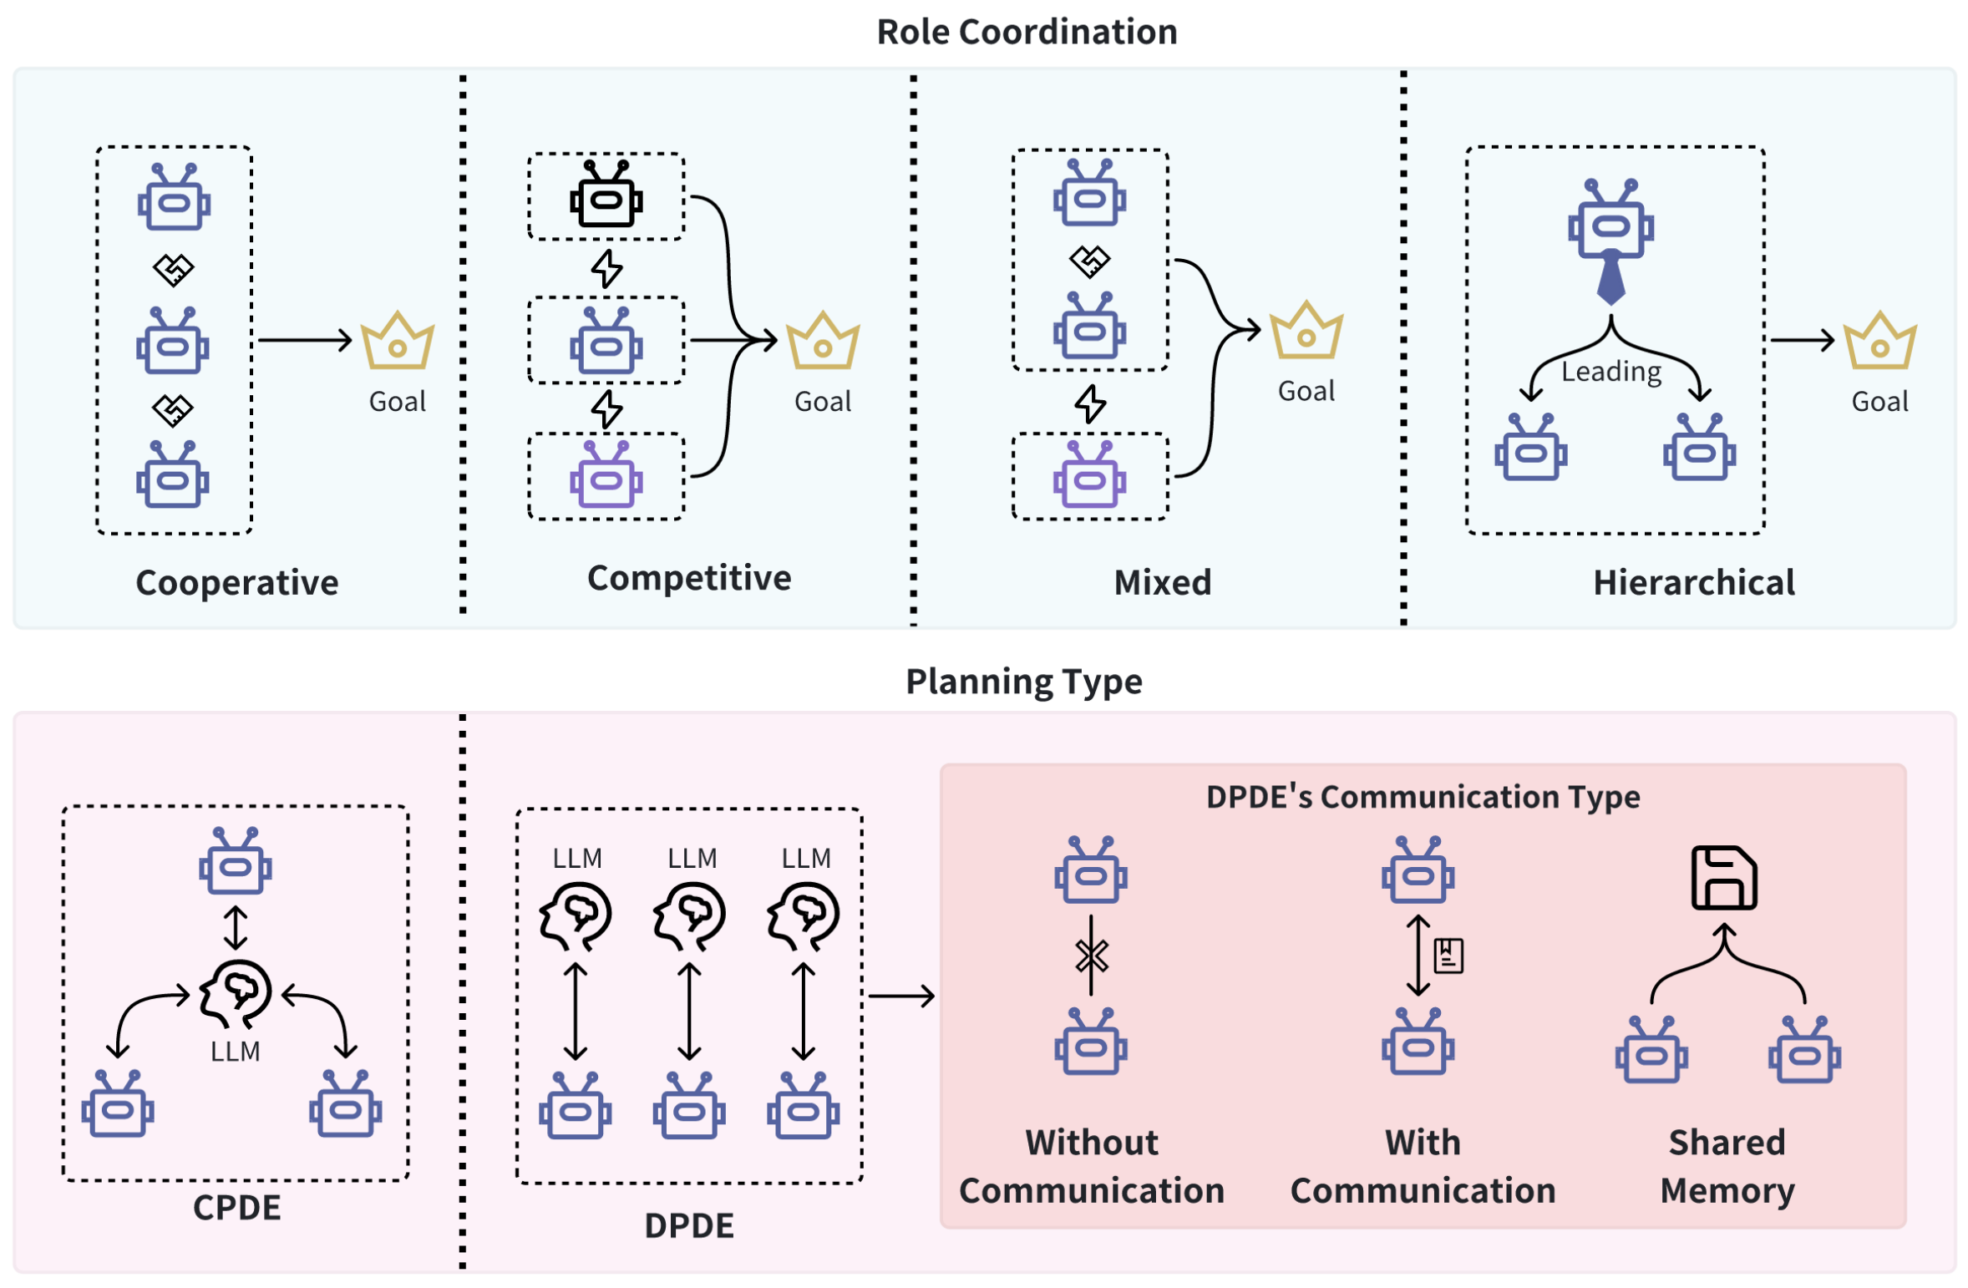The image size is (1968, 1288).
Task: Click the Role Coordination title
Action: (x=1026, y=32)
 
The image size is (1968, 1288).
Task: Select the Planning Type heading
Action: (x=1023, y=681)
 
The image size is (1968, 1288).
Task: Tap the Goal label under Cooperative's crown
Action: (x=397, y=402)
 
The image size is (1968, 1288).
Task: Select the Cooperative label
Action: (x=236, y=582)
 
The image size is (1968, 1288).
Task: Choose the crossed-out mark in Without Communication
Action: (x=1090, y=956)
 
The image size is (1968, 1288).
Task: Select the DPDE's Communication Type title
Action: (x=1422, y=796)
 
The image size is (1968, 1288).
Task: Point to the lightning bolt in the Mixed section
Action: (x=1089, y=404)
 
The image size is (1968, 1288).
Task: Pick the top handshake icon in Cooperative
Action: (x=173, y=269)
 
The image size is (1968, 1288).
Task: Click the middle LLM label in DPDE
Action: (x=691, y=858)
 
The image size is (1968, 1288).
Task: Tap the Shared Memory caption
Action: (x=1726, y=1165)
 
